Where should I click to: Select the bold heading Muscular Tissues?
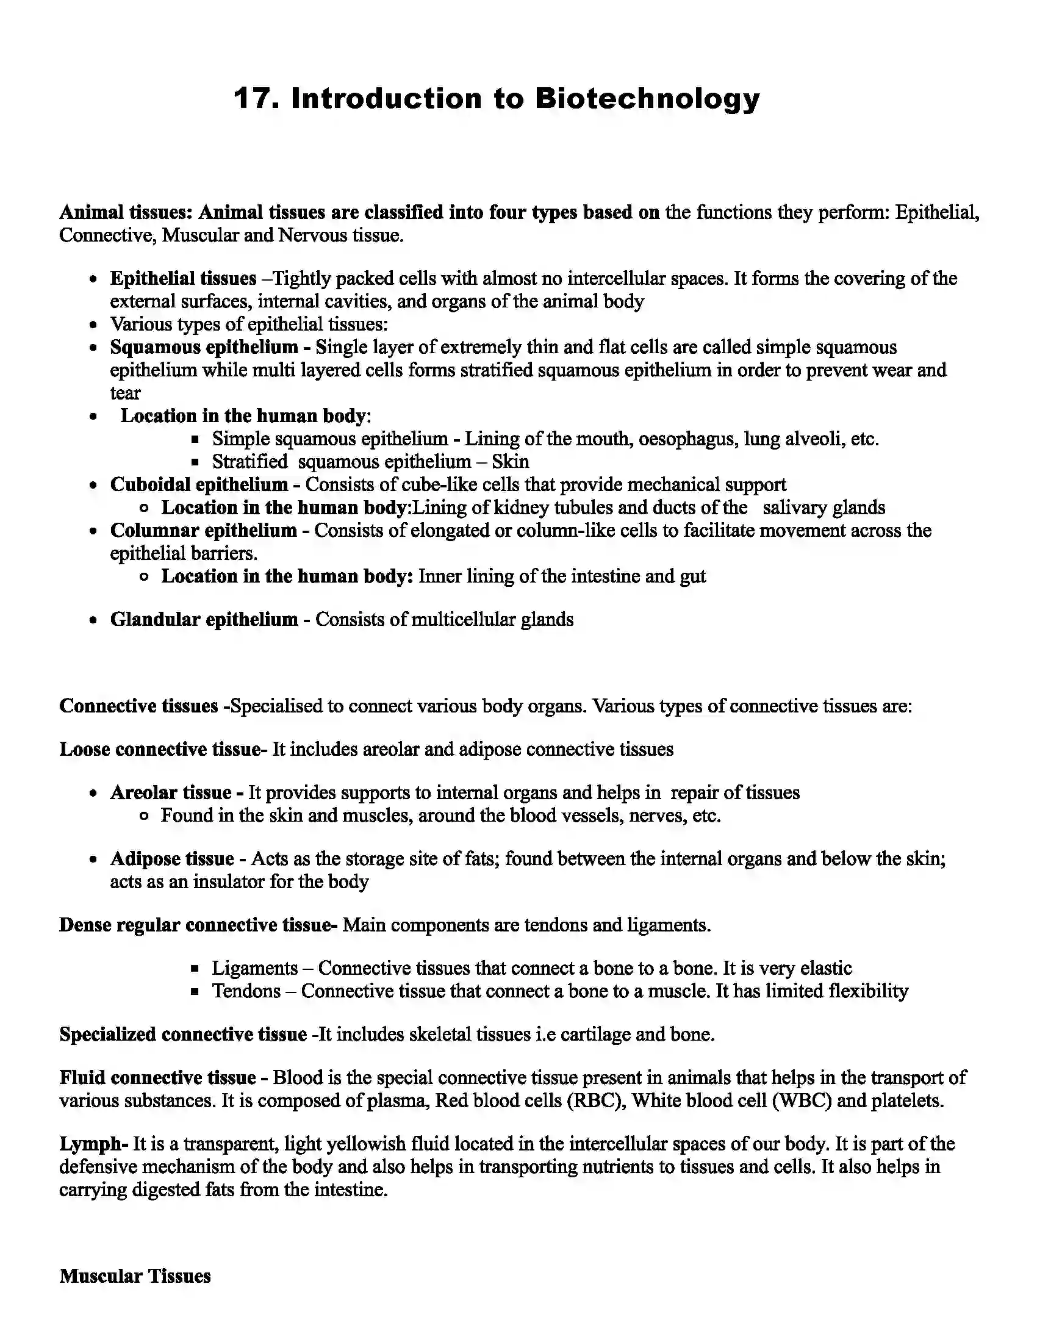[x=135, y=1276]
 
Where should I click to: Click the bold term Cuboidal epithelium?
[x=199, y=484]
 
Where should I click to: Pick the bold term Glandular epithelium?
[x=204, y=619]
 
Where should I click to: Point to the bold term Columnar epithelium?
[x=203, y=530]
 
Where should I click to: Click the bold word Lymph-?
[x=93, y=1144]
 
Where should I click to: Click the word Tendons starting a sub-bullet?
[x=246, y=991]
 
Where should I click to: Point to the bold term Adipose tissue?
[x=172, y=858]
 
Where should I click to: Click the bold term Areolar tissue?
[x=171, y=792]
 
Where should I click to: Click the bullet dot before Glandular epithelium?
[x=93, y=620]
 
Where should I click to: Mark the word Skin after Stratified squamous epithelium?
[x=510, y=462]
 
